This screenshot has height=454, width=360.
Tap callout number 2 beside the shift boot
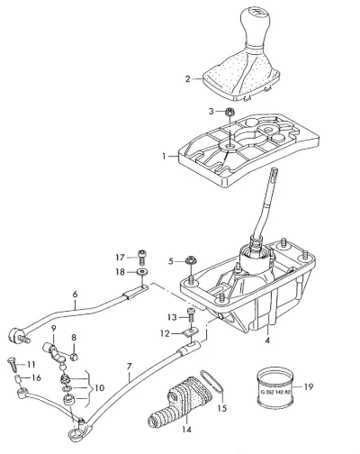coord(188,79)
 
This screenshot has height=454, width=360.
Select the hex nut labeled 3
coord(229,113)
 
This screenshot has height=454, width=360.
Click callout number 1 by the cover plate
coord(164,156)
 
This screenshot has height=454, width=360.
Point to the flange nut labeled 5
coord(190,260)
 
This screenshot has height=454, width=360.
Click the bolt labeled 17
coord(142,257)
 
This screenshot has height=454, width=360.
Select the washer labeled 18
coord(142,272)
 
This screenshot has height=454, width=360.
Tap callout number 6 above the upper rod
coord(75,295)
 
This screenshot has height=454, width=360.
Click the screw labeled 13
coord(191,315)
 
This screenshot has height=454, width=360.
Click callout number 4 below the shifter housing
coord(267,340)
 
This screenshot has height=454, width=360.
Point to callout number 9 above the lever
coord(53,328)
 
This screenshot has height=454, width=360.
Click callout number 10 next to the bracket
coord(99,387)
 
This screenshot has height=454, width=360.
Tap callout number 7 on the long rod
coord(130,367)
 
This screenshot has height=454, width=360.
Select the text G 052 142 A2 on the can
coord(275,392)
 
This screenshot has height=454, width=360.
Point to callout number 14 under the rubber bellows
coord(186,430)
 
